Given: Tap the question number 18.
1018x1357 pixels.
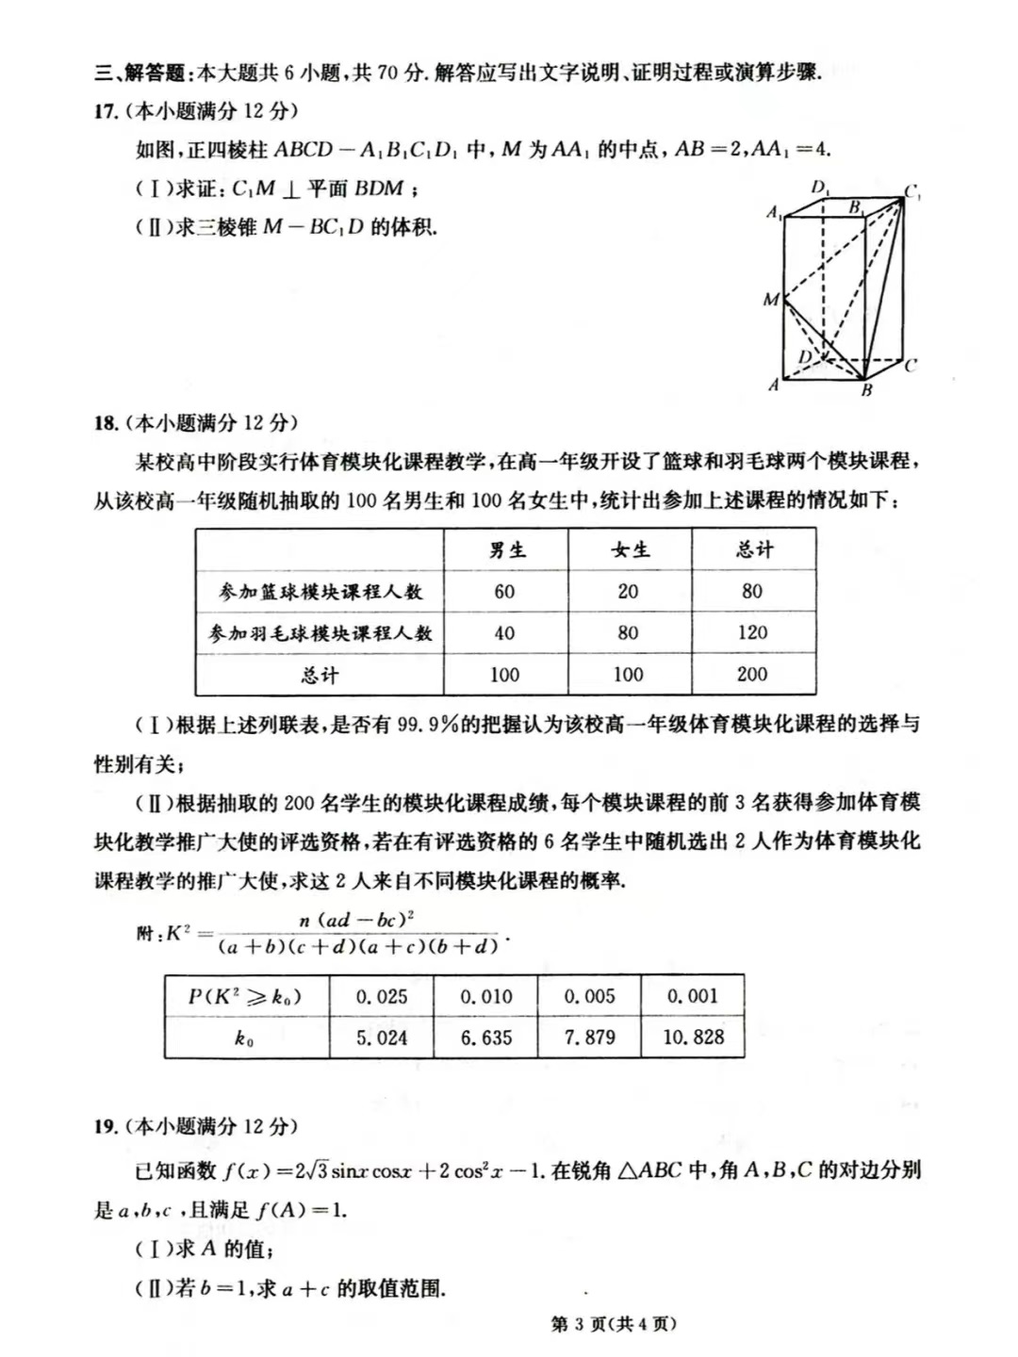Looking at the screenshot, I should pyautogui.click(x=105, y=423).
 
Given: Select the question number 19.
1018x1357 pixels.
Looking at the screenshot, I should pyautogui.click(x=105, y=1126).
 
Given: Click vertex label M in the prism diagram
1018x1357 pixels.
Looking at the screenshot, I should pyautogui.click(x=771, y=300).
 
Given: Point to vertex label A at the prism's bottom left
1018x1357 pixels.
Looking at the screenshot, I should pyautogui.click(x=774, y=384).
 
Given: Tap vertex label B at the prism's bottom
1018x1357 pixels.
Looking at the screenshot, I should pyautogui.click(x=866, y=391).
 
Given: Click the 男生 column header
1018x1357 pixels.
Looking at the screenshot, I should pyautogui.click(x=506, y=550).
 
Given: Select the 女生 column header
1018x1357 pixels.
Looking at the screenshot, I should pyautogui.click(x=629, y=550).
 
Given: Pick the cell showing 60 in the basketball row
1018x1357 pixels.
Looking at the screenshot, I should pyautogui.click(x=504, y=592).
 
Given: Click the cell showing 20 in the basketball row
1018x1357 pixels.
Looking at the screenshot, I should pyautogui.click(x=628, y=592).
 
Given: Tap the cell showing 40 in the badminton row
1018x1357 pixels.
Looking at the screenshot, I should pyautogui.click(x=504, y=633).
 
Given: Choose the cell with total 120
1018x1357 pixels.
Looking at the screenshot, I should pyautogui.click(x=752, y=633).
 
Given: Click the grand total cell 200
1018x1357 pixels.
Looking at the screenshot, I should pyautogui.click(x=752, y=675).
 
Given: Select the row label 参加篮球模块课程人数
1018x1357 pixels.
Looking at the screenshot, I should pyautogui.click(x=320, y=592).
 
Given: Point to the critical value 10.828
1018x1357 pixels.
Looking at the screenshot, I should pyautogui.click(x=694, y=1038).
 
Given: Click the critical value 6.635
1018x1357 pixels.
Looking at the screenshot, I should pyautogui.click(x=486, y=1038).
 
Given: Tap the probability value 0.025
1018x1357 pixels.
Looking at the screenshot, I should pyautogui.click(x=382, y=997).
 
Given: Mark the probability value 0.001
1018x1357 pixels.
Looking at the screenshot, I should pyautogui.click(x=693, y=997).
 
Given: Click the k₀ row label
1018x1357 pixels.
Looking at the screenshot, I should pyautogui.click(x=244, y=1038).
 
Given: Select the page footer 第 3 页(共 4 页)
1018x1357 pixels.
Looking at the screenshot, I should pyautogui.click(x=614, y=1324).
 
